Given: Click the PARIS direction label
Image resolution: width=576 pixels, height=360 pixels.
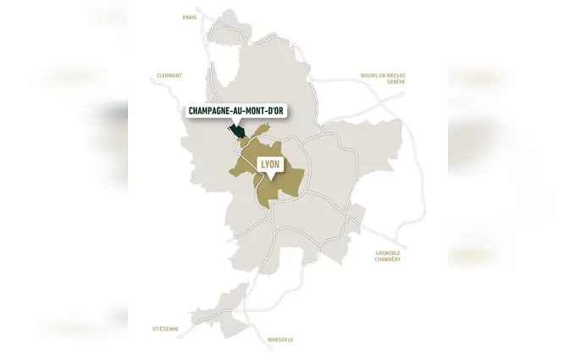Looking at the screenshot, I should pos(191,16).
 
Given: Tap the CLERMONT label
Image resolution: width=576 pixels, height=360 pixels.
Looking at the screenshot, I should pos(169,75).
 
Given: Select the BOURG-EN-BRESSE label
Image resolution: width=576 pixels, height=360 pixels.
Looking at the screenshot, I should pos(383,75).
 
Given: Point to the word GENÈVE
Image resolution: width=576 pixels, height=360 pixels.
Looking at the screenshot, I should pos(396,81).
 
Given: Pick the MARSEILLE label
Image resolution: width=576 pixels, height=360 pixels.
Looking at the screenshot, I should pos(280,339).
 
